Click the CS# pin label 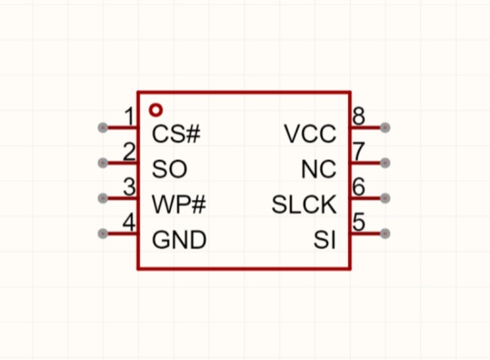(176, 134)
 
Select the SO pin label (169, 169)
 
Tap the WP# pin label (179, 204)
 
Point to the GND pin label (179, 240)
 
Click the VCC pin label (310, 134)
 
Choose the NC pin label (319, 169)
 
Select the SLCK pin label (304, 204)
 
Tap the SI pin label (325, 240)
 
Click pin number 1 (129, 116)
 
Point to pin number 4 (129, 222)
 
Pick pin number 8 (359, 116)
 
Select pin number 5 (359, 221)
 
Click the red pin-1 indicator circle (156, 110)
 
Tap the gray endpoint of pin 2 (102, 163)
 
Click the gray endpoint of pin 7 (385, 163)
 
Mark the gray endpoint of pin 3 (102, 198)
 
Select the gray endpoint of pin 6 (385, 198)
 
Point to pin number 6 (359, 186)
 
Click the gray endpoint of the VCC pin (385, 128)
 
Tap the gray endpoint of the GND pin (102, 234)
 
